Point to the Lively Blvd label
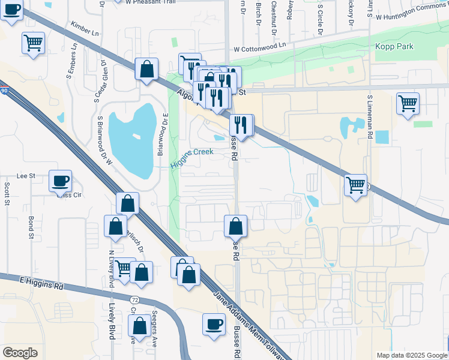[x=112, y=320]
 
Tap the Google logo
[x=20, y=353]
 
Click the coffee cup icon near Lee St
[x=61, y=181]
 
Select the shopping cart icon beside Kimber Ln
[x=33, y=43]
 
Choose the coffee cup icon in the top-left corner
[x=11, y=10]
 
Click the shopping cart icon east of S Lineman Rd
[x=408, y=103]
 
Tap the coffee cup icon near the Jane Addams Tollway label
[x=214, y=324]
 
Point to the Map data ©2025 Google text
[x=411, y=355]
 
